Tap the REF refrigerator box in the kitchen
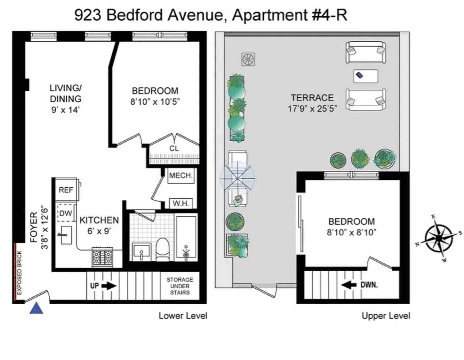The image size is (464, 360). point(66,190)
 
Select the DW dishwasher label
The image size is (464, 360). point(66,213)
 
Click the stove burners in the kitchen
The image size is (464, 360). point(102,257)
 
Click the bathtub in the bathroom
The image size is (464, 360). point(186,238)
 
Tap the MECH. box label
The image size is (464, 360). point(181,176)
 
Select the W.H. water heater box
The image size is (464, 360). point(181,203)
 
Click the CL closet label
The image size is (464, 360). point(174,148)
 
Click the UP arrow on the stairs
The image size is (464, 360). point(103,285)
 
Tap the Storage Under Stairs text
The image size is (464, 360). point(180,286)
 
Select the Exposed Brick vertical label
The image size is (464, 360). point(19,273)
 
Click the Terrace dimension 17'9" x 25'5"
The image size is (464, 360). point(312,109)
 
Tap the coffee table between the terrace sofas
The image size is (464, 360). point(365,76)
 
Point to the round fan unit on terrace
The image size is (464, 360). point(248,60)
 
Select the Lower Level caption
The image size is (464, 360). point(183,316)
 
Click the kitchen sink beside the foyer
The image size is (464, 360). point(66,235)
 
